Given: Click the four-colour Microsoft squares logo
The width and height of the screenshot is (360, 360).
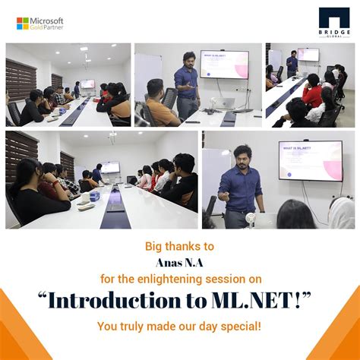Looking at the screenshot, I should pos(22,24).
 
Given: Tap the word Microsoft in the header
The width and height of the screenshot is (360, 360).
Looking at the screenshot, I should pos(47,21).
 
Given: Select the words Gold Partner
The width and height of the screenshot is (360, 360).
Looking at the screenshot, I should pos(48,28).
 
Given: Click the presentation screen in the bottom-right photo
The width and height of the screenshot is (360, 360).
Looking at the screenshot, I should pos(310,159).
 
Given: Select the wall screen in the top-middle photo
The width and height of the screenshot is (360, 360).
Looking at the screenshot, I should pos(225,64).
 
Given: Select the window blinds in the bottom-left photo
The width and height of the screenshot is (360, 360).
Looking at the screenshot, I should pos(21,156).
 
